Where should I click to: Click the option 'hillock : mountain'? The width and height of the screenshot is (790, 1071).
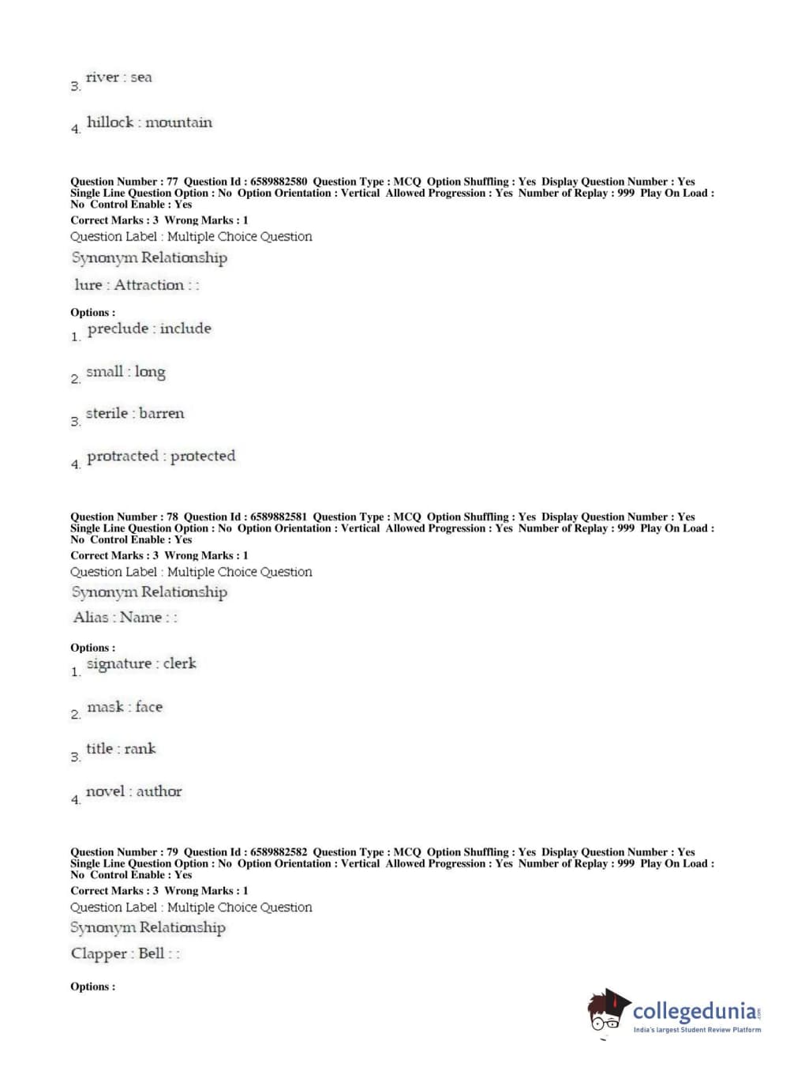149,122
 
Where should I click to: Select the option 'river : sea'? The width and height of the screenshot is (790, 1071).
118,77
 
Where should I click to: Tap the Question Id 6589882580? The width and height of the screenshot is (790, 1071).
279,182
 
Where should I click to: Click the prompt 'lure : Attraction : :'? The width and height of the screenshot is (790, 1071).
137,285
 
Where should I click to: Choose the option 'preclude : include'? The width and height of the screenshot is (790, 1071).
149,329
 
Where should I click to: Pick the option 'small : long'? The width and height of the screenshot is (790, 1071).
125,372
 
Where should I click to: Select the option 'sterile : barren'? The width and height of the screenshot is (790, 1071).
135,414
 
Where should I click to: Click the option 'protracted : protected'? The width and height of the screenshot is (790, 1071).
161,457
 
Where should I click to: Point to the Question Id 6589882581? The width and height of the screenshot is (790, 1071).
279,517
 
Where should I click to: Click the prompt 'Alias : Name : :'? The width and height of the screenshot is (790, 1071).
125,618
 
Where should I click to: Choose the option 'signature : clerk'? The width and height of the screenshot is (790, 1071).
141,664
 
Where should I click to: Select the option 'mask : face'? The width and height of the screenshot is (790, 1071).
125,708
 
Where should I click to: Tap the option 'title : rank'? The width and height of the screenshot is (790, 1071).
121,749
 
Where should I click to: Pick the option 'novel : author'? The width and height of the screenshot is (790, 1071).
133,791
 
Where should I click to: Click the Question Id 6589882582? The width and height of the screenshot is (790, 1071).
279,852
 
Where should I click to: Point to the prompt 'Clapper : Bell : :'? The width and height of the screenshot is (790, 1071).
125,953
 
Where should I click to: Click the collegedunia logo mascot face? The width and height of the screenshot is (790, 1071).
606,1012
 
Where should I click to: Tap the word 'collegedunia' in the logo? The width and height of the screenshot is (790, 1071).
694,1010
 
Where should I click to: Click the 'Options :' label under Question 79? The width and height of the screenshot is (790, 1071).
92,986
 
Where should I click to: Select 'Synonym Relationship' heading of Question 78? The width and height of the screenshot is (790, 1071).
149,592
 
